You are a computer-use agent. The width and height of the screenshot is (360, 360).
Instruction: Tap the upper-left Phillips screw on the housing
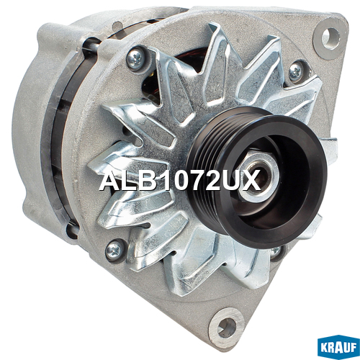pyautogui.click(x=135, y=58)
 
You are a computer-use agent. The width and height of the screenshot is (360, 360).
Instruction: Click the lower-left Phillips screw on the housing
pyautogui.click(x=114, y=251)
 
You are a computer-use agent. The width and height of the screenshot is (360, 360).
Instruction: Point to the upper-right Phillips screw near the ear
pyautogui.click(x=295, y=71)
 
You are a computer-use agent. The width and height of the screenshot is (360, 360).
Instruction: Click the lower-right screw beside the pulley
pyautogui.click(x=275, y=251)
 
